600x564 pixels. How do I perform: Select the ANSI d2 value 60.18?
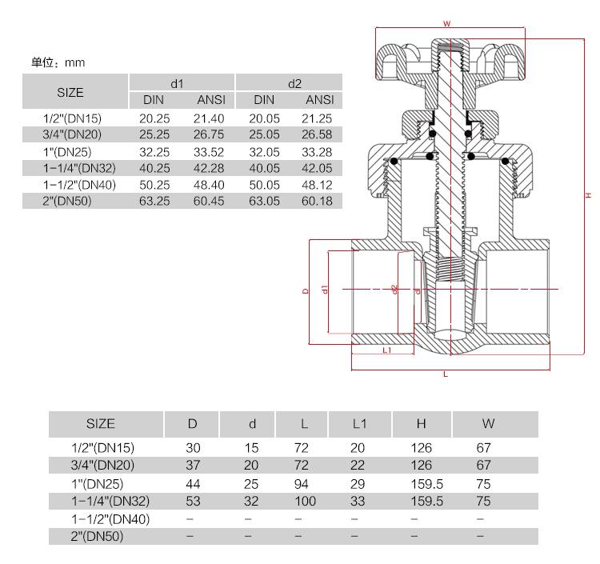tap(319, 201)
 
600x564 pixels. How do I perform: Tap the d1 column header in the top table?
tap(177, 83)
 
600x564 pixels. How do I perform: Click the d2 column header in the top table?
tap(294, 83)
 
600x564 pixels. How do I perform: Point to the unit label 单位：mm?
tap(57, 62)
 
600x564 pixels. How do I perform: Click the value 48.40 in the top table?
tap(210, 185)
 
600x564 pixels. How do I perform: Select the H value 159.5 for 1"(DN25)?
tap(426, 483)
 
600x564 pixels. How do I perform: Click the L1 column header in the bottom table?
tap(359, 423)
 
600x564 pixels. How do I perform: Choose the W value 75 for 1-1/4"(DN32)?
tap(482, 502)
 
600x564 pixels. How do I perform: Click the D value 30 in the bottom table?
tap(193, 448)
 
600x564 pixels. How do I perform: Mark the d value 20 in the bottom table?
tap(251, 466)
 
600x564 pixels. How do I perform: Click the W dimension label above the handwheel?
tap(447, 24)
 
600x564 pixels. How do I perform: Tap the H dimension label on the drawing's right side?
tap(587, 195)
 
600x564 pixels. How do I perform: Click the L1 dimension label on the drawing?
tap(386, 350)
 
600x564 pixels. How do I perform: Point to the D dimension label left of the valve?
tap(306, 292)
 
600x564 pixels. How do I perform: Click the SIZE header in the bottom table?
tap(100, 423)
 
